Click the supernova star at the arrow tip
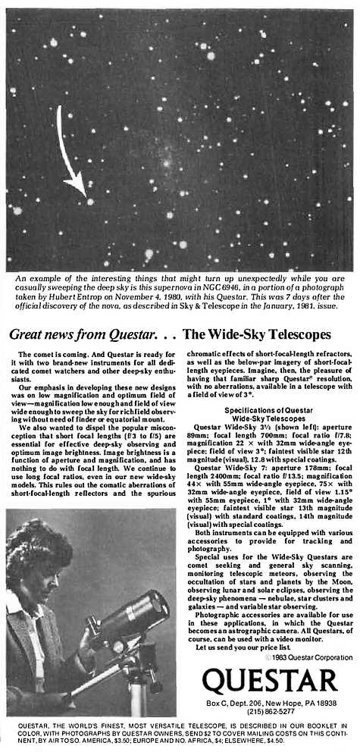(90, 201)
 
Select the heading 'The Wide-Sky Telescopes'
(257, 334)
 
